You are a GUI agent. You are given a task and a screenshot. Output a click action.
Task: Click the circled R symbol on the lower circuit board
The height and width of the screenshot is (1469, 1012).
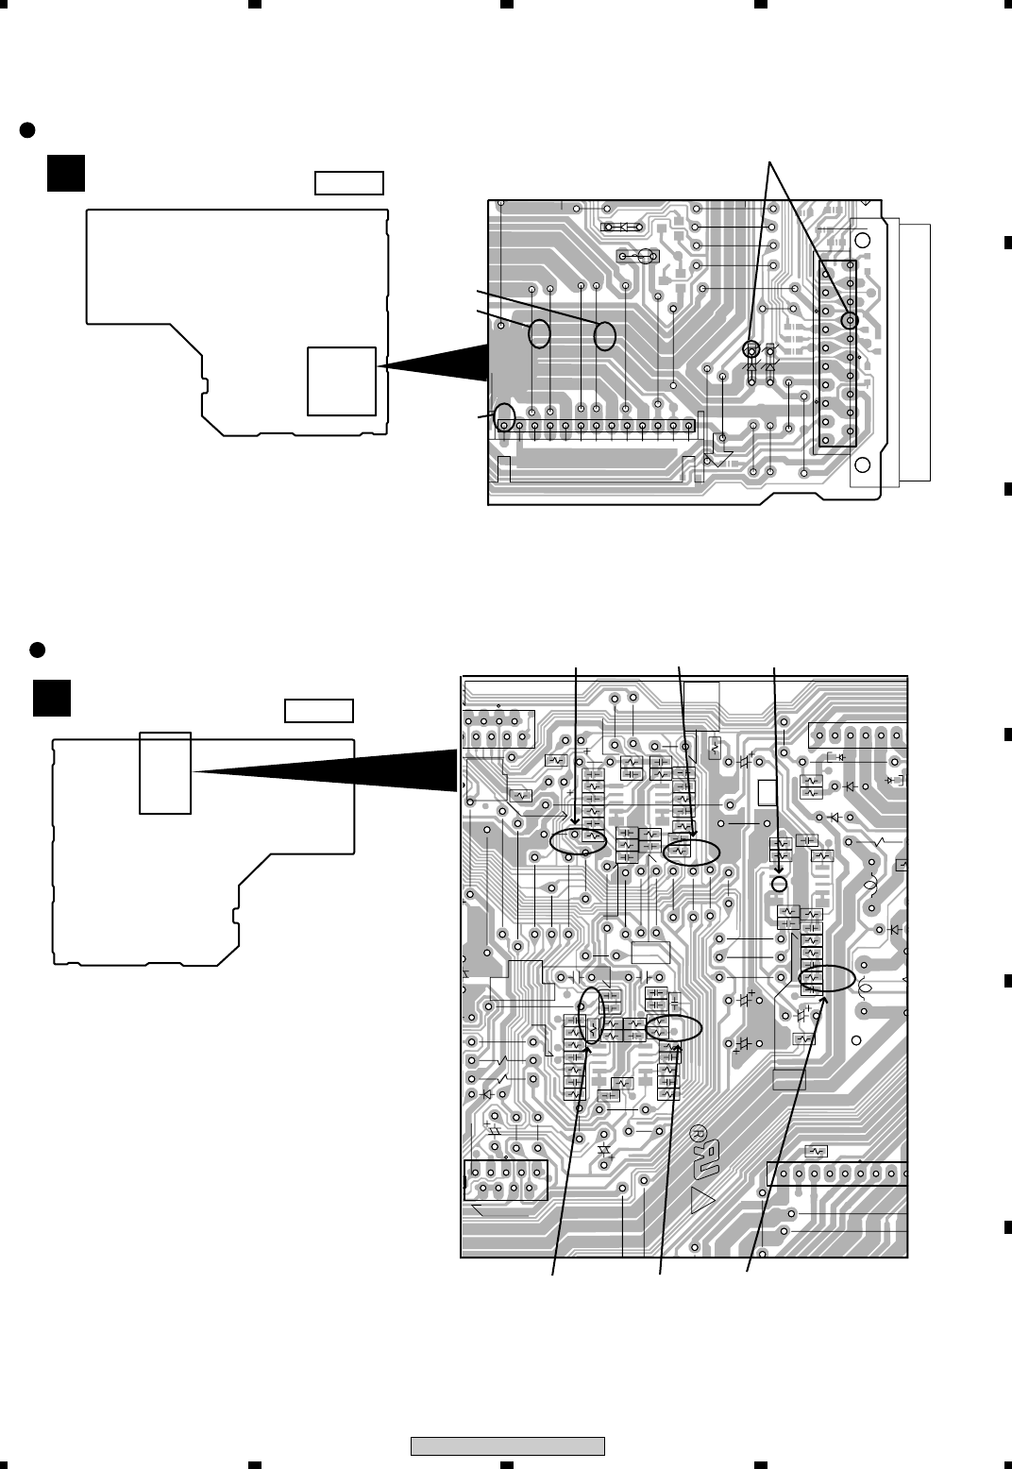pyautogui.click(x=699, y=1132)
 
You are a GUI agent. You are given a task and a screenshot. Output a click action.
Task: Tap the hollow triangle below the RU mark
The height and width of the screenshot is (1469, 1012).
pyautogui.click(x=703, y=1201)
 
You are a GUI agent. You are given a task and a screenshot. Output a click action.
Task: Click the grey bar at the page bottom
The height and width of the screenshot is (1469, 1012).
pyautogui.click(x=507, y=1445)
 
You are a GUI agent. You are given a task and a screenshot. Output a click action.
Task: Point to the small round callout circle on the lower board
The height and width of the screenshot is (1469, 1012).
pyautogui.click(x=779, y=884)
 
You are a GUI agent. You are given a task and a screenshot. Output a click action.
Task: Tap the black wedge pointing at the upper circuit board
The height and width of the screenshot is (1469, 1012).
pyautogui.click(x=434, y=364)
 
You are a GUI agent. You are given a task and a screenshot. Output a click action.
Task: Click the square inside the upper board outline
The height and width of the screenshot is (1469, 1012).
pyautogui.click(x=341, y=380)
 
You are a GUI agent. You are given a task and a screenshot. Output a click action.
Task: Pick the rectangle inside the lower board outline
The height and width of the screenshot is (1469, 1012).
pyautogui.click(x=165, y=772)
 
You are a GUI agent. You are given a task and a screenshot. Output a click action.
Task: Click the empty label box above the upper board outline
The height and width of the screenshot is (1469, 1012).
pyautogui.click(x=349, y=182)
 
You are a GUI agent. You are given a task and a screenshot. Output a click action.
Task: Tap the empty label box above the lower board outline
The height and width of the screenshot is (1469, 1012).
pyautogui.click(x=319, y=710)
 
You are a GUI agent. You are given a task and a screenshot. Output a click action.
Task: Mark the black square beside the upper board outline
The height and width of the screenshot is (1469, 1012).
pyautogui.click(x=67, y=173)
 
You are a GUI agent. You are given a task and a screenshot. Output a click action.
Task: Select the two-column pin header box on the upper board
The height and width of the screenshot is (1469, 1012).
pyautogui.click(x=837, y=353)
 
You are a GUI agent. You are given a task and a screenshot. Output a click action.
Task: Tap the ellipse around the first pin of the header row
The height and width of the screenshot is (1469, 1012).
pyautogui.click(x=506, y=416)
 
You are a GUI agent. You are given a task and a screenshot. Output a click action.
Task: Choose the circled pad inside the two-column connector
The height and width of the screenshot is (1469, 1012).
pyautogui.click(x=850, y=321)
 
